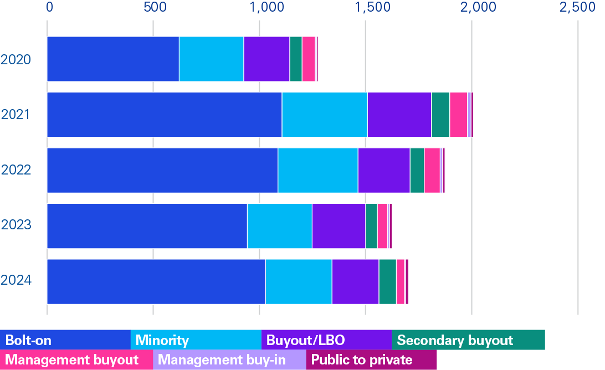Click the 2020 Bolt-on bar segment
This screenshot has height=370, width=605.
tap(113, 59)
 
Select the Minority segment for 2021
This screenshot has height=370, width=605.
tap(325, 114)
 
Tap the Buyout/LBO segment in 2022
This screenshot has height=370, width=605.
tap(383, 170)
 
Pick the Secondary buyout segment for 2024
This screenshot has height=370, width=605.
tap(387, 281)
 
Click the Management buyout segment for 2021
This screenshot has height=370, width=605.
tap(458, 114)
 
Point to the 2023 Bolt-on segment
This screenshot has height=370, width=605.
tap(147, 225)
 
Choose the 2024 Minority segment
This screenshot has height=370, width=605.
tap(299, 281)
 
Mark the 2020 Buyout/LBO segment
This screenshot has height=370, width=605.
tap(266, 59)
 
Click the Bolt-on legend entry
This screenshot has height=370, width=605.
tap(65, 340)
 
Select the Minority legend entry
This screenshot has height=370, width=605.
tap(196, 340)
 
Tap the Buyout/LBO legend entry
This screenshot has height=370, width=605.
tap(326, 340)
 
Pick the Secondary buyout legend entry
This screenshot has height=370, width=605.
tap(468, 340)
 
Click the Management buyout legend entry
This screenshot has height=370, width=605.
tap(76, 360)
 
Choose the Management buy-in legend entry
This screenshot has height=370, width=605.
tap(229, 360)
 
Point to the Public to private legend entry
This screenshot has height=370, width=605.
tap(371, 360)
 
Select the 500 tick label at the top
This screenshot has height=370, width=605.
tap(155, 8)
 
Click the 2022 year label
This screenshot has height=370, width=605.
tap(16, 169)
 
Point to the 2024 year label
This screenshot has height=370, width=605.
tap(16, 281)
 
